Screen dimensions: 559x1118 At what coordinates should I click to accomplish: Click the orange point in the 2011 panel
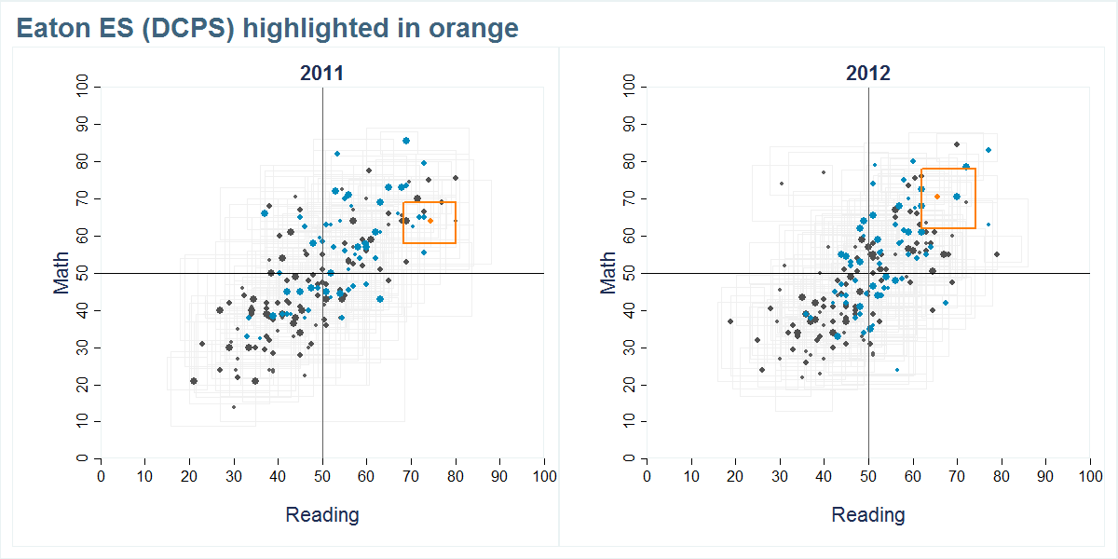(x=430, y=221)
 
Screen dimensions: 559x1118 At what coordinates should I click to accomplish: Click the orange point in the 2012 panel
(x=937, y=196)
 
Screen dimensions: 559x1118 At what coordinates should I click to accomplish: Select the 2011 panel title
(x=321, y=74)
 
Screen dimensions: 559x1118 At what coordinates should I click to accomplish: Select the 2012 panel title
(x=867, y=74)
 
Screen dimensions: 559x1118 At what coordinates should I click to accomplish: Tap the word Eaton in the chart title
(x=48, y=29)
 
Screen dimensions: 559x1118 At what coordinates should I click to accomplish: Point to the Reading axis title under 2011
(x=321, y=514)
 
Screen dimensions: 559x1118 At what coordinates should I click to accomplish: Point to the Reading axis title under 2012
(x=867, y=514)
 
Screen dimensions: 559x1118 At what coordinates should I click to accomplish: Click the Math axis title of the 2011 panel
(x=61, y=273)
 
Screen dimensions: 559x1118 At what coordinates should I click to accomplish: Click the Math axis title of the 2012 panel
(x=607, y=273)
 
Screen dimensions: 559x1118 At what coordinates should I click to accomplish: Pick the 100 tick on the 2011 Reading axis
(x=544, y=477)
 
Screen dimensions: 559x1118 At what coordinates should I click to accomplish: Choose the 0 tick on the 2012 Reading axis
(x=647, y=477)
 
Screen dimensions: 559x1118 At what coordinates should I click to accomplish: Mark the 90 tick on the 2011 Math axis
(x=83, y=124)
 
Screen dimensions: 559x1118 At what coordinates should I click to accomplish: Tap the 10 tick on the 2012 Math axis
(x=629, y=422)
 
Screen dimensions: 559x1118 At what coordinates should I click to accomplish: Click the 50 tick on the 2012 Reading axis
(x=868, y=477)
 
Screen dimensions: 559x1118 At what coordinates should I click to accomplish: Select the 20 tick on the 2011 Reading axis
(x=189, y=477)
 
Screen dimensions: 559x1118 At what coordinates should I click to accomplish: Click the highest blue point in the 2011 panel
(x=406, y=141)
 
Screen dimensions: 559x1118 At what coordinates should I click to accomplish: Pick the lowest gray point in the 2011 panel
(x=234, y=407)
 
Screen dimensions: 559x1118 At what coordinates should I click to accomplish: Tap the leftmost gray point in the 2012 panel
(x=730, y=321)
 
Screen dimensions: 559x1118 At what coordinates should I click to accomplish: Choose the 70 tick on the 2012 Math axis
(x=629, y=198)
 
